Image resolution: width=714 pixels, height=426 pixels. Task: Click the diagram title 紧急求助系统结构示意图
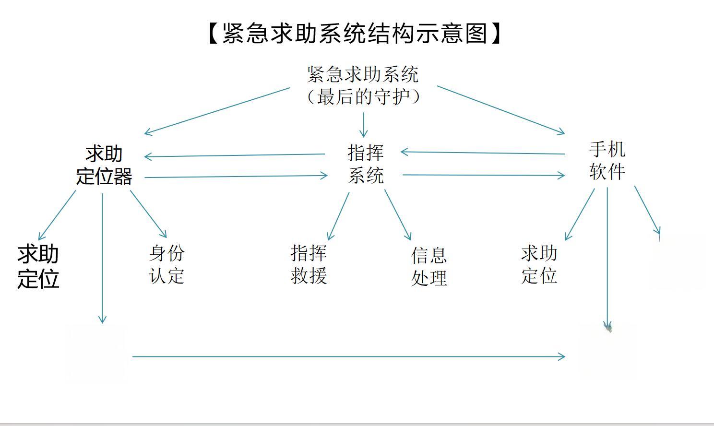click(355, 34)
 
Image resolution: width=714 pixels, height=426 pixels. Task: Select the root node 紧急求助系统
click(363, 74)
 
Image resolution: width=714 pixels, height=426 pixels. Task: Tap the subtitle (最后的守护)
click(363, 97)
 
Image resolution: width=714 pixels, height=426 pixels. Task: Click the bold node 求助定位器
click(104, 165)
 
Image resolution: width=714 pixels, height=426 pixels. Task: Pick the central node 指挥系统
click(366, 164)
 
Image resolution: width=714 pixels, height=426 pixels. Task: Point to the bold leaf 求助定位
click(38, 267)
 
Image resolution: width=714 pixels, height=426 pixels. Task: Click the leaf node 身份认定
click(167, 264)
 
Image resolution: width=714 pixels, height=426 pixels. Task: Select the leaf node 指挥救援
click(309, 264)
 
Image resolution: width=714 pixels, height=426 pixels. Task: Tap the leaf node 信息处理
click(429, 267)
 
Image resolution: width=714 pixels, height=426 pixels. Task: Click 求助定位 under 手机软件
click(539, 264)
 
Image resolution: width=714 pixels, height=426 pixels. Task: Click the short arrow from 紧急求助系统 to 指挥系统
click(363, 125)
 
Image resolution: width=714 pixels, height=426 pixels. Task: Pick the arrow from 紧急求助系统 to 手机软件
click(501, 110)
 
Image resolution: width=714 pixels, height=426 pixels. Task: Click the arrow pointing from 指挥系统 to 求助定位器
click(235, 155)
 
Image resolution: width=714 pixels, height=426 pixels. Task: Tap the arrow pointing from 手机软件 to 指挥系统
click(483, 153)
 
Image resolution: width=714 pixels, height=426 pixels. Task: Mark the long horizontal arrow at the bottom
click(348, 356)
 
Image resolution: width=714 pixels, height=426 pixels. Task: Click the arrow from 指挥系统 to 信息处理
click(398, 214)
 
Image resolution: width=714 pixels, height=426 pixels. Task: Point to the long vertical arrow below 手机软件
click(607, 257)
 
